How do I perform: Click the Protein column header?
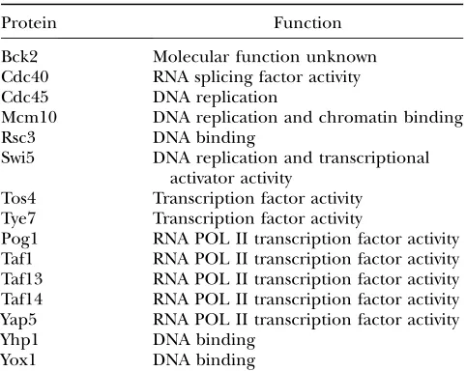coord(29,23)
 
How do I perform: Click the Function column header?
coord(307,23)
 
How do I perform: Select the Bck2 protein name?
coord(19,57)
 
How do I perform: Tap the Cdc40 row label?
coord(25,77)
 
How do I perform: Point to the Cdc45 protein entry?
coord(25,98)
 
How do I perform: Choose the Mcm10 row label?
coord(29,117)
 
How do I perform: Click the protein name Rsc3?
coord(18,137)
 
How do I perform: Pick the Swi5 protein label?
coord(17,157)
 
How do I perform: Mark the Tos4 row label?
coord(18,198)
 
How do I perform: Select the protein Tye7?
coord(18,219)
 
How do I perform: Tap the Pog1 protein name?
coord(19,240)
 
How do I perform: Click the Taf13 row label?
coord(21,279)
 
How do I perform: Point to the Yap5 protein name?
coord(18,321)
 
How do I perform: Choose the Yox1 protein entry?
coord(18,360)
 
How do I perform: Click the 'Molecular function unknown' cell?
coord(265,57)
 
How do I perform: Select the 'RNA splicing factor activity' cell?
coord(256,78)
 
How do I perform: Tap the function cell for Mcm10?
coord(308,118)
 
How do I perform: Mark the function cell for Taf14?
coord(306,300)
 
